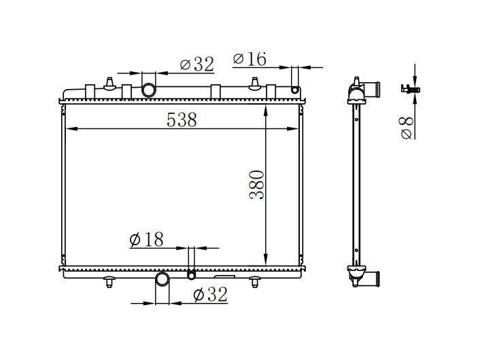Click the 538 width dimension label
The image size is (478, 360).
(x=182, y=120)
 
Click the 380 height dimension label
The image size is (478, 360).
(x=257, y=185)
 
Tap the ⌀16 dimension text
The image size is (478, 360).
(x=250, y=59)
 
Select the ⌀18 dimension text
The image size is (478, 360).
(x=146, y=239)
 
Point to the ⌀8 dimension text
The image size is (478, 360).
(x=407, y=128)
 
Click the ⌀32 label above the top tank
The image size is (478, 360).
(x=197, y=65)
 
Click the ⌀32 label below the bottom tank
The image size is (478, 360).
(x=210, y=295)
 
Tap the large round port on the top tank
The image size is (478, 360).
(x=149, y=90)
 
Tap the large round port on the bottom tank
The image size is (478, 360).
(x=163, y=279)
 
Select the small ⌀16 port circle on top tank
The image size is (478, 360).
(x=295, y=90)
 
